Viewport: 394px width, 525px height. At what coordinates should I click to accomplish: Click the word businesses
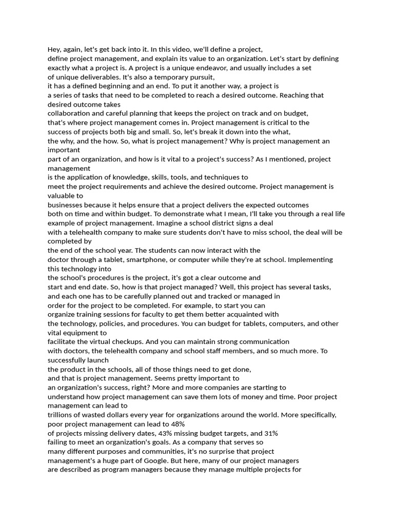pos(68,205)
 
